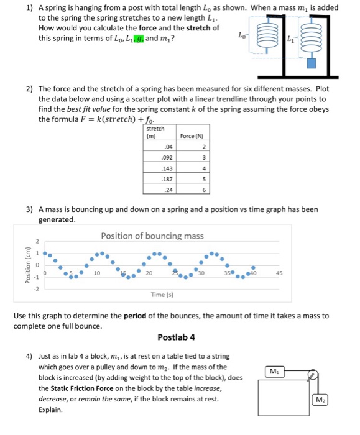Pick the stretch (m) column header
(155, 132)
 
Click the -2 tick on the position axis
(36, 289)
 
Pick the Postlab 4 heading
(176, 337)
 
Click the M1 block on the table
(272, 371)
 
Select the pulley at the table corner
(314, 375)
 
